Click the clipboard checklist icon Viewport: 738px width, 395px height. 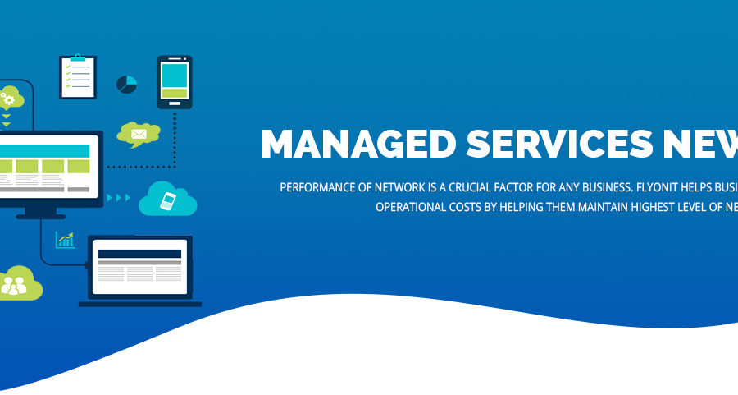pyautogui.click(x=78, y=76)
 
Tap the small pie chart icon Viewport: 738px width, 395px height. pyautogui.click(x=126, y=85)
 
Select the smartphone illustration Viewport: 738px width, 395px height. pyautogui.click(x=174, y=82)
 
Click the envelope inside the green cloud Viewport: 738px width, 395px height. pyautogui.click(x=137, y=133)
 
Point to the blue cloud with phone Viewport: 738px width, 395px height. pyautogui.click(x=168, y=200)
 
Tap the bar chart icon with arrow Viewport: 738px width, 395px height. pyautogui.click(x=65, y=240)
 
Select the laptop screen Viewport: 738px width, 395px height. pyautogui.click(x=139, y=265)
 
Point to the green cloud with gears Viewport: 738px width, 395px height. pyautogui.click(x=10, y=99)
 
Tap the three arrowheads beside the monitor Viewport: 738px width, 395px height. pyautogui.click(x=120, y=197)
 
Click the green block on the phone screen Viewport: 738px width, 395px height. pyautogui.click(x=174, y=94)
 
